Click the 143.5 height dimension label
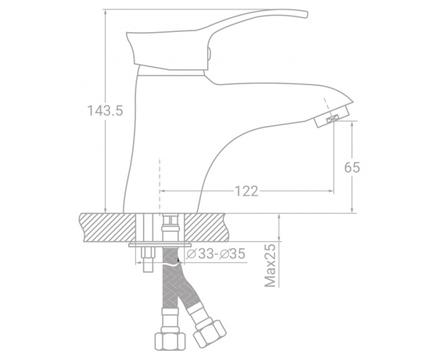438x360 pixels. click(105, 110)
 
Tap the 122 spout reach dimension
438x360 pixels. click(246, 191)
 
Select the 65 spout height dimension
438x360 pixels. click(352, 167)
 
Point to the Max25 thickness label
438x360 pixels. click(270, 265)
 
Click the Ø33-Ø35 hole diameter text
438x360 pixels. click(216, 254)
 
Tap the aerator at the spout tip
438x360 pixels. click(332, 117)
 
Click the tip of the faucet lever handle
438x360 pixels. click(306, 14)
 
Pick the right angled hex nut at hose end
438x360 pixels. click(210, 333)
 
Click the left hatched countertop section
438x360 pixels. click(108, 228)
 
